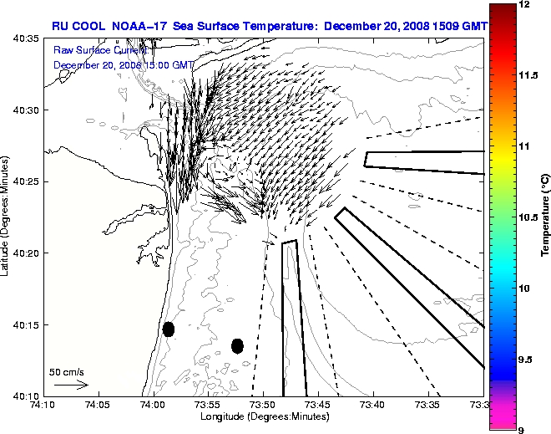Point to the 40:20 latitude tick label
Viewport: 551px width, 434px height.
point(28,253)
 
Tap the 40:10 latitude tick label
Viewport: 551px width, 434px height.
point(28,395)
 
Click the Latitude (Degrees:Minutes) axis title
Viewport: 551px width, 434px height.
point(8,217)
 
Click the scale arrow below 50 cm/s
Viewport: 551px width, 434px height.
point(70,385)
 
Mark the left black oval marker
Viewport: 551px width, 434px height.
point(168,329)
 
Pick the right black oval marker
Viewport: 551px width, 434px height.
point(237,345)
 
